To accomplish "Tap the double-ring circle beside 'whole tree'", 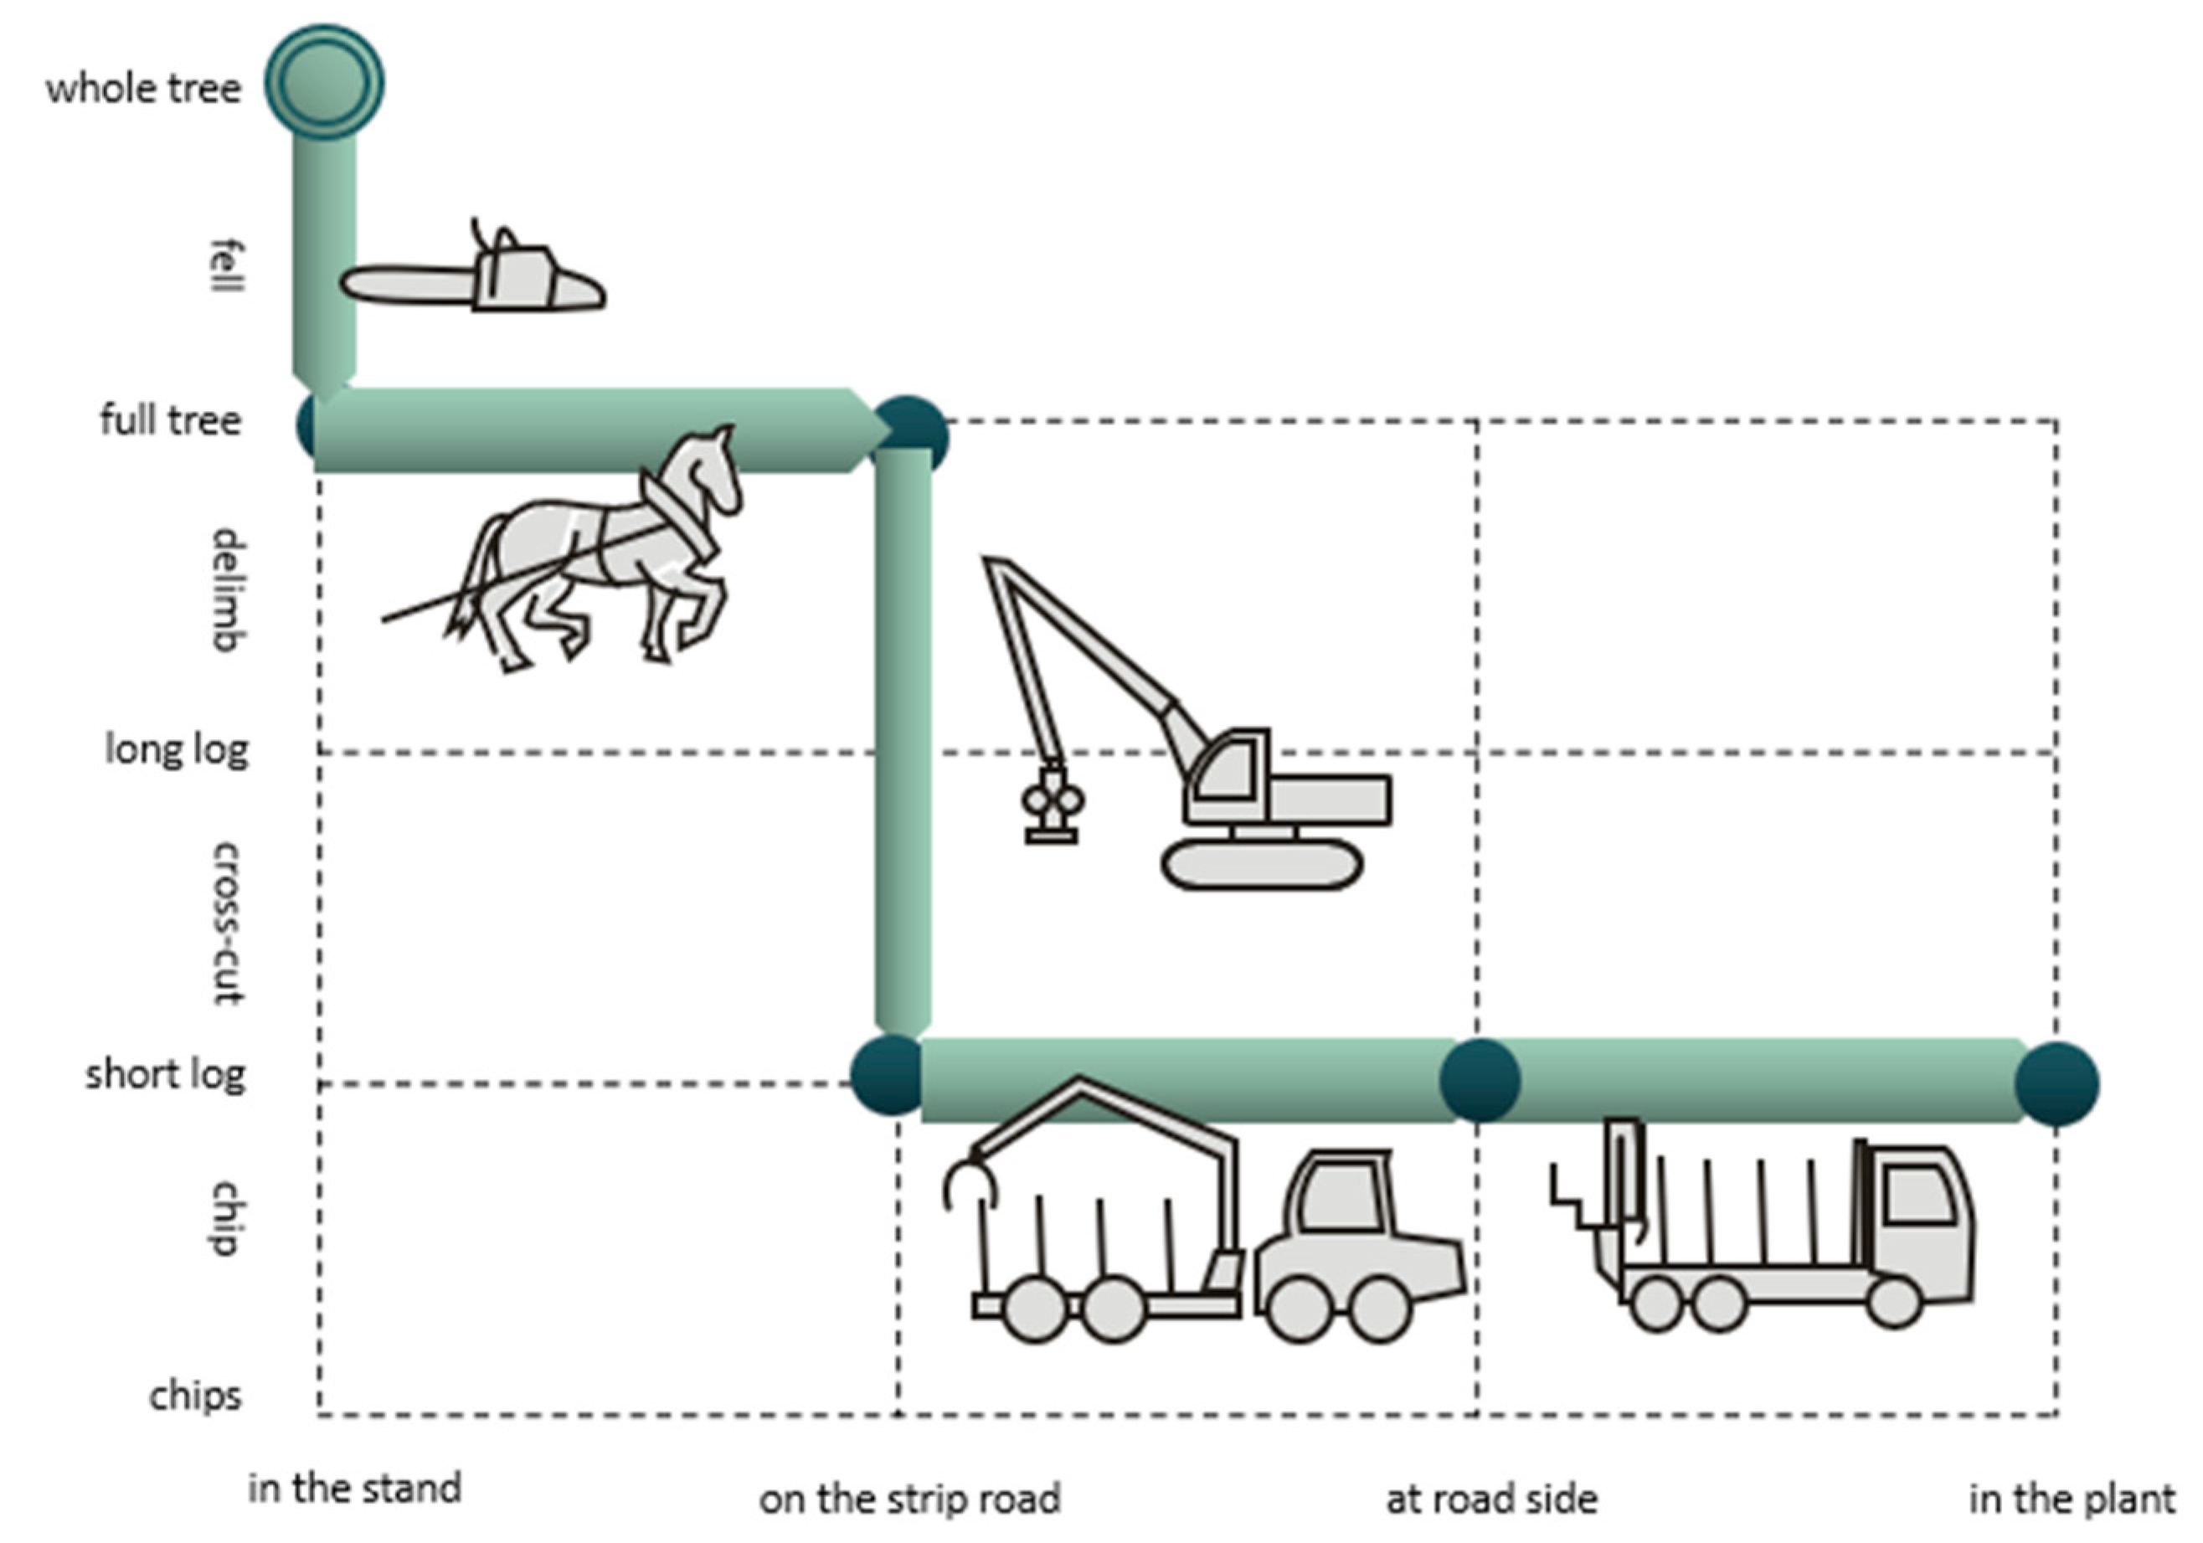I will point(324,83).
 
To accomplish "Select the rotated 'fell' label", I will point(229,267).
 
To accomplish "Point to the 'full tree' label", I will point(170,420).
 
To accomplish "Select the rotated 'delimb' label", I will point(229,590).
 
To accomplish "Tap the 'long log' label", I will point(177,749).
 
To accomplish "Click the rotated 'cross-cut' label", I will point(229,923).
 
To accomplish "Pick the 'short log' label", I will point(165,1075).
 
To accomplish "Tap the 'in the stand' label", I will point(355,1489).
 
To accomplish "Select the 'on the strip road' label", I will point(909,1499).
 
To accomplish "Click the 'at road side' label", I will point(1492,1499).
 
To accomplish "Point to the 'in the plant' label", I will point(2072,1499).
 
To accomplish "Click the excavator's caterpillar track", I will point(1262,866).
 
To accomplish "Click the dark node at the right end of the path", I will point(2056,1083).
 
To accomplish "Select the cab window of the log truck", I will point(1919,1193).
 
